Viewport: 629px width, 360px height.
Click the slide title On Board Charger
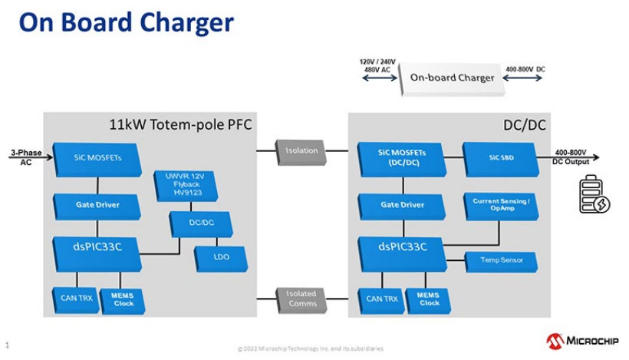coord(126,23)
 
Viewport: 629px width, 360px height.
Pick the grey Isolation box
coord(302,150)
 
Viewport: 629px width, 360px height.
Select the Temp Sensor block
coord(502,260)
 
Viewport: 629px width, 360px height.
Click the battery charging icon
coord(594,195)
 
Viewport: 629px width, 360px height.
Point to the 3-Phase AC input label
coord(21,157)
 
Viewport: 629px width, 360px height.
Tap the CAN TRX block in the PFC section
coord(75,298)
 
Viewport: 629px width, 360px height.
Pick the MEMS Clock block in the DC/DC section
coord(429,298)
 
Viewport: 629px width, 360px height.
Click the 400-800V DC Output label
coord(572,157)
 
